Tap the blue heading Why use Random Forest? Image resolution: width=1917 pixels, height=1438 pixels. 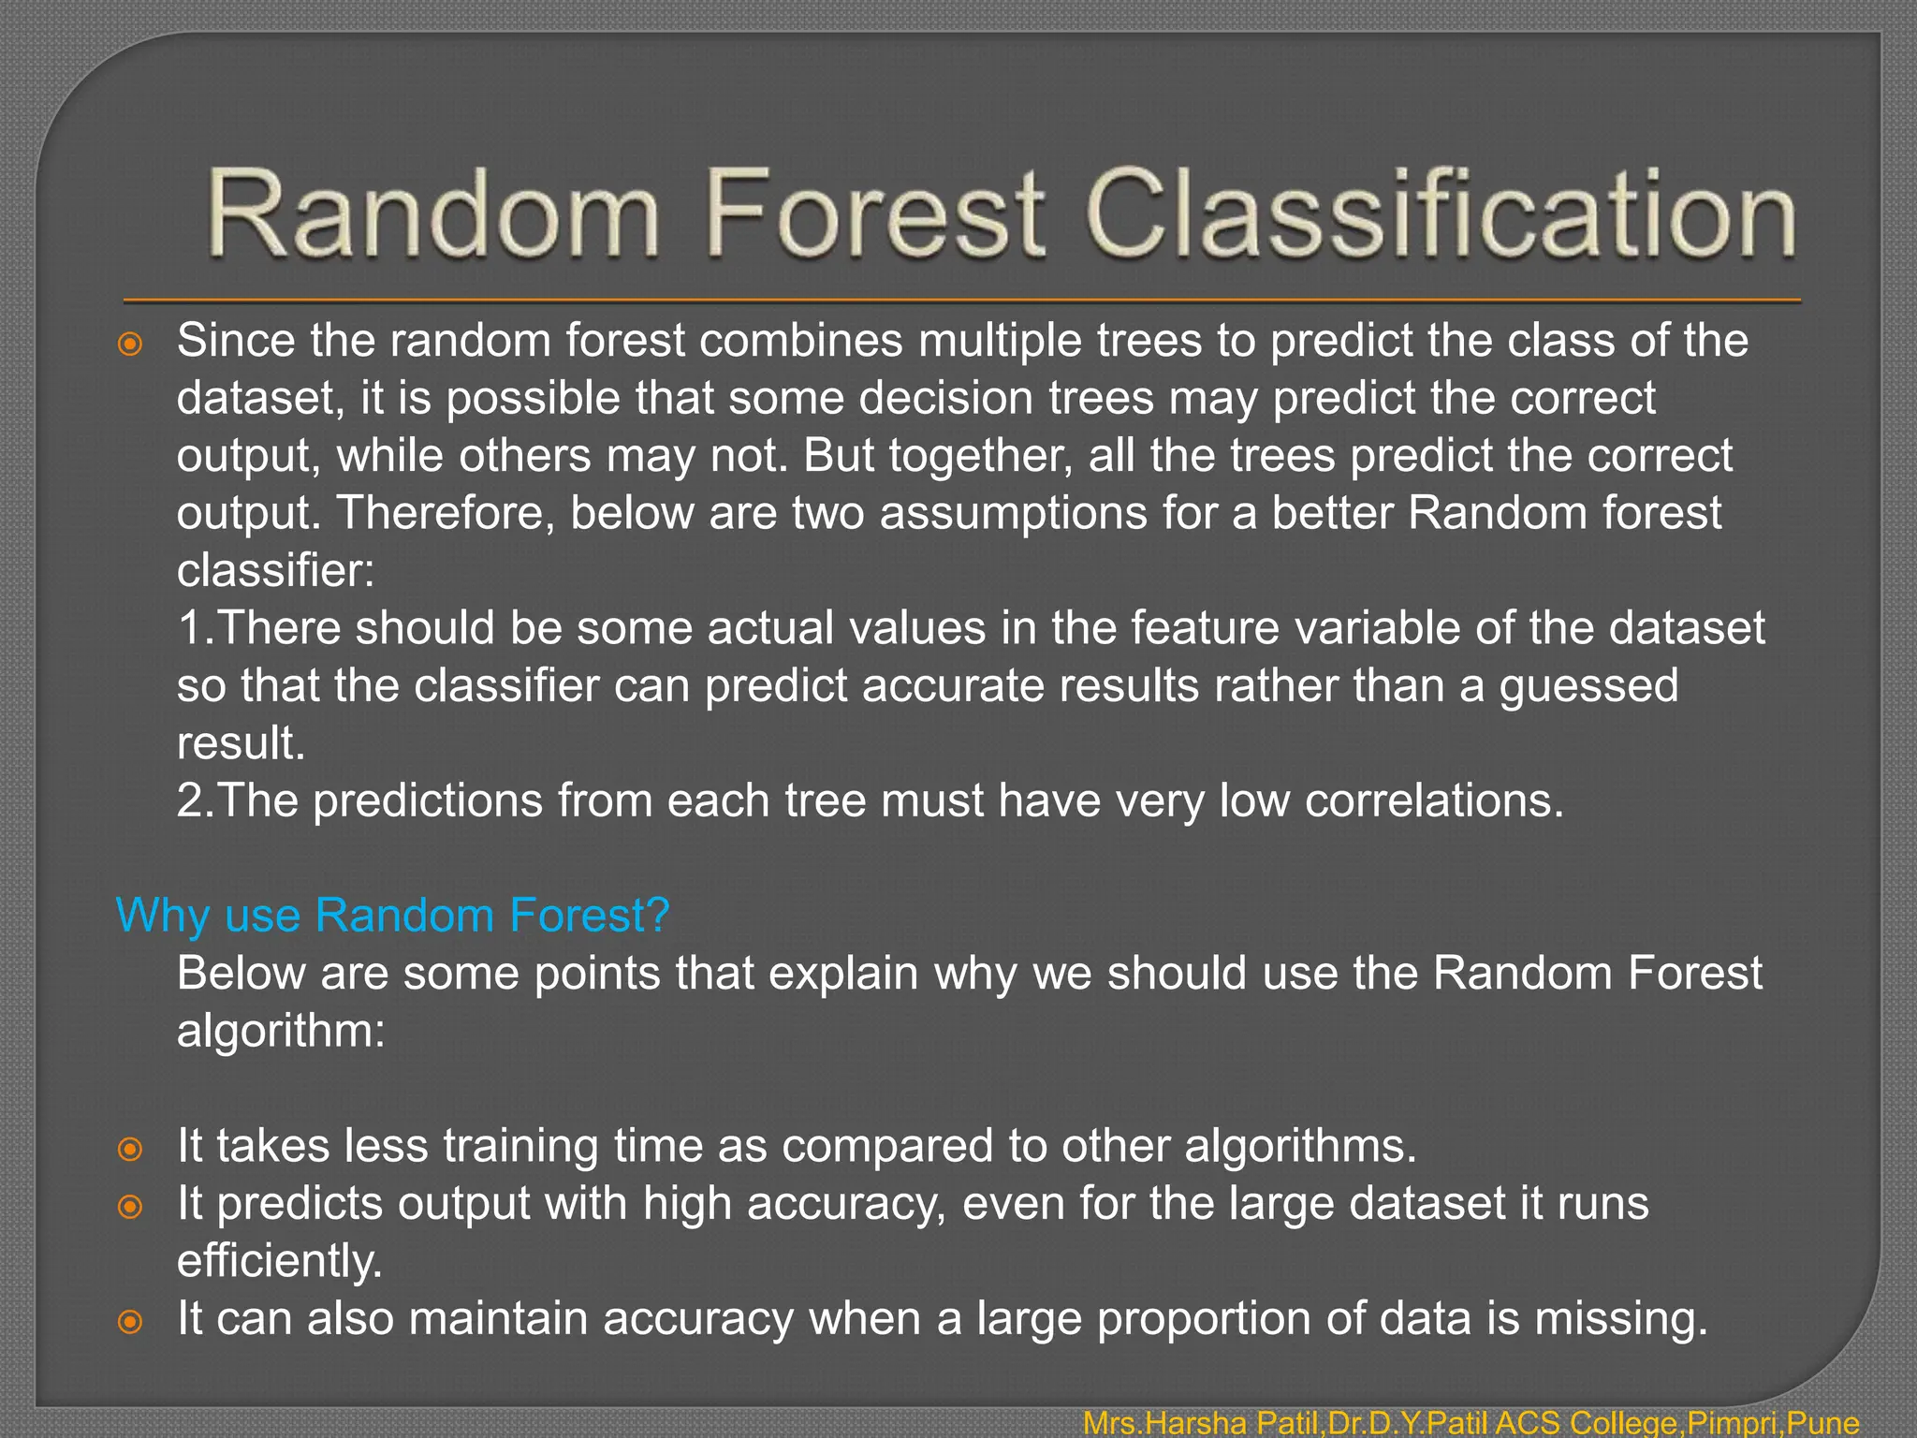[x=392, y=915]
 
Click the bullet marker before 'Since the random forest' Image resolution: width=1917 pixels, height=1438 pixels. [x=131, y=344]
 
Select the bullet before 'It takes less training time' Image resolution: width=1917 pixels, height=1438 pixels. [x=131, y=1149]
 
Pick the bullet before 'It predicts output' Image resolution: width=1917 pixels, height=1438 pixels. [x=131, y=1206]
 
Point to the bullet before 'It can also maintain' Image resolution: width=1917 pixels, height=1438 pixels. [x=131, y=1321]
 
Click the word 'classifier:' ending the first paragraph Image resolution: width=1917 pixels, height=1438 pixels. [x=275, y=570]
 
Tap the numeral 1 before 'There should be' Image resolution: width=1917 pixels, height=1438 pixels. [x=191, y=627]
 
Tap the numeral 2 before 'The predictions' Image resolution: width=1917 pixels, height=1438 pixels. [x=191, y=800]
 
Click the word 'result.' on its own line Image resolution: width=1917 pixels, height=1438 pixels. [x=241, y=743]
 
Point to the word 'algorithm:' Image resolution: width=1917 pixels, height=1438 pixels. [x=281, y=1032]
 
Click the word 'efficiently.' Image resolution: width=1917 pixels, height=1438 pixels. [x=279, y=1261]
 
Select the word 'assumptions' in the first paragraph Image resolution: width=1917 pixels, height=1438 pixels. [x=1013, y=513]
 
